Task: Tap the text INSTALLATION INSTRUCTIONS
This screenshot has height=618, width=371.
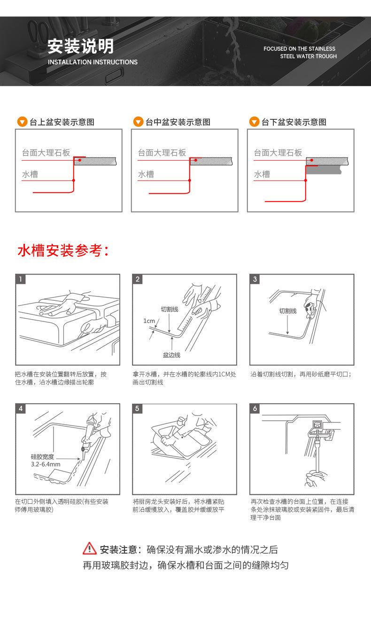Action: (x=93, y=62)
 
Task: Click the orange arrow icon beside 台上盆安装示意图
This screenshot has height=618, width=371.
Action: (x=22, y=122)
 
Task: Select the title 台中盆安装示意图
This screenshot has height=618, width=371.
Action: (x=178, y=122)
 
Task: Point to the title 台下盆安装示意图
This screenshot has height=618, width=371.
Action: (x=294, y=122)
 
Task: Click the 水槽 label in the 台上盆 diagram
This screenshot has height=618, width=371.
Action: (x=30, y=174)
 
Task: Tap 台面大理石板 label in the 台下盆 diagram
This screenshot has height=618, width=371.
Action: (x=278, y=153)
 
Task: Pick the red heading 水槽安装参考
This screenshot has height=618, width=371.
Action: (x=63, y=250)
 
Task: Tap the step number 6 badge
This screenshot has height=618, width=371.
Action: (x=255, y=408)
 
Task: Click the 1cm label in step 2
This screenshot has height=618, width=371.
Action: (x=149, y=321)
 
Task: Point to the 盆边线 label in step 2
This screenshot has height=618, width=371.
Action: (x=171, y=355)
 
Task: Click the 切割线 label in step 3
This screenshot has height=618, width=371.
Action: (x=287, y=311)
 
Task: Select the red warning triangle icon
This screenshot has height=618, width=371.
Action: (x=89, y=548)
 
